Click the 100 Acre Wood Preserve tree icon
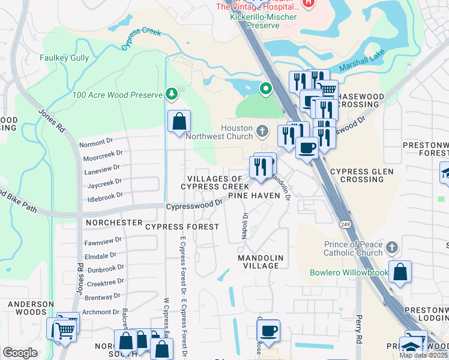pos(172,94)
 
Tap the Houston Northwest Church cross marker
pos(262,130)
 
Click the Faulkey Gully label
pos(64,58)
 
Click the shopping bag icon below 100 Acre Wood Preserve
pos(179,122)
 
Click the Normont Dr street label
pos(96,142)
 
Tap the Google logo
pos(20,353)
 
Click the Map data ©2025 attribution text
pos(424,355)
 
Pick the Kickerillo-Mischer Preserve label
pos(255,21)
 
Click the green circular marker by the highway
pos(265,89)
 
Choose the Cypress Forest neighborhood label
pos(182,227)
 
